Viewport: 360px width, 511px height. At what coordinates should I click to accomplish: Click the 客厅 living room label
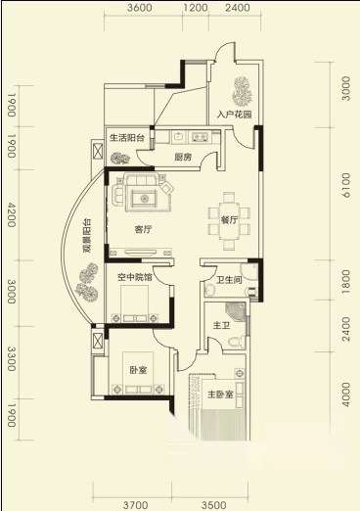tap(143, 229)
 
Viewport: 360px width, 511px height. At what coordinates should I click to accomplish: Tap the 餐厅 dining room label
tap(229, 220)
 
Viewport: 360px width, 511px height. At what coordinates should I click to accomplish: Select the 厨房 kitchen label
tap(183, 157)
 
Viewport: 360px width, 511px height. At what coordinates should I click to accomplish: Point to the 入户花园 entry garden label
tap(235, 115)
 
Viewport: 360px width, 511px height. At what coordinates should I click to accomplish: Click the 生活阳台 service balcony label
tap(127, 138)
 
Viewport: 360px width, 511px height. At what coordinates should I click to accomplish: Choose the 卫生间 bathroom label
tap(229, 280)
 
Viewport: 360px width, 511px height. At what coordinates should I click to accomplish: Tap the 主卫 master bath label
tap(221, 325)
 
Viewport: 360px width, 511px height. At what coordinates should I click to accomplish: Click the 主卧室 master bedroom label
tap(220, 395)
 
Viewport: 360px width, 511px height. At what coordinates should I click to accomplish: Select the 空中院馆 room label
tap(135, 277)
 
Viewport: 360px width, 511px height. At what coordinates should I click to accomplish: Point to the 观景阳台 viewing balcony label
tap(87, 236)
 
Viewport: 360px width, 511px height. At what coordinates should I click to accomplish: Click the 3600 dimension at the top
tap(140, 8)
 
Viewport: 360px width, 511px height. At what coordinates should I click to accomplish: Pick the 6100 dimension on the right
tap(346, 185)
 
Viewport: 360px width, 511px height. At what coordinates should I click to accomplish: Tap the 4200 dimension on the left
tap(12, 214)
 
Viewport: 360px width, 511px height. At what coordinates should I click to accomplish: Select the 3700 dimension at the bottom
tap(135, 505)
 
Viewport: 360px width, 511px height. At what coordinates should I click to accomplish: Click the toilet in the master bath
tap(237, 341)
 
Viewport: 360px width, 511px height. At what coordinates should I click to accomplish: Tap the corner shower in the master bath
tap(237, 312)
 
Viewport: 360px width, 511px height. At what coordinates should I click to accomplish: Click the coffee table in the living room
tap(144, 198)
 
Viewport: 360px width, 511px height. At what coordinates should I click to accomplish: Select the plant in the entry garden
tap(242, 91)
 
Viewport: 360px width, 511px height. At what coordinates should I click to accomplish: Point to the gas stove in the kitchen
tap(201, 137)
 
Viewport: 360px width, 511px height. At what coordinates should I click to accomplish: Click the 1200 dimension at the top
tap(195, 8)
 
